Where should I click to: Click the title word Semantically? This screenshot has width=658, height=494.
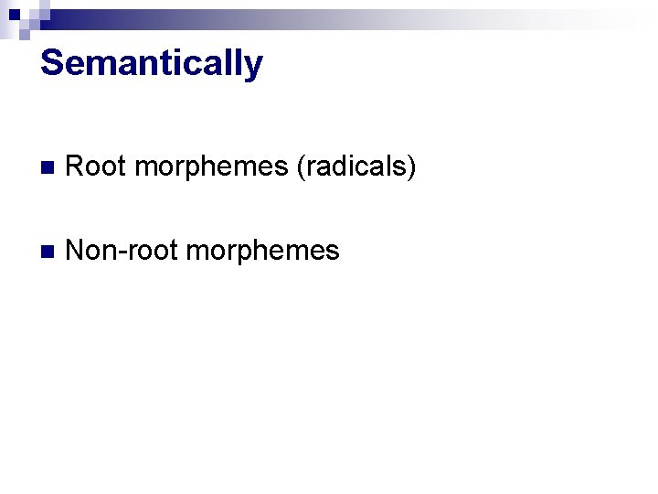(152, 64)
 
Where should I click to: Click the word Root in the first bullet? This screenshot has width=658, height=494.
(96, 167)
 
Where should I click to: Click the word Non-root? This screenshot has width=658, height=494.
(121, 251)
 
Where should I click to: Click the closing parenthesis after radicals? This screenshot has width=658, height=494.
(412, 168)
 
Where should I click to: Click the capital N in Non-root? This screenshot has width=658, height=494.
(76, 251)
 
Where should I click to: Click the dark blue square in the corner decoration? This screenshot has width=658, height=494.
(14, 15)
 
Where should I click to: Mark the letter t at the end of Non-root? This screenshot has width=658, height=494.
(171, 252)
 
